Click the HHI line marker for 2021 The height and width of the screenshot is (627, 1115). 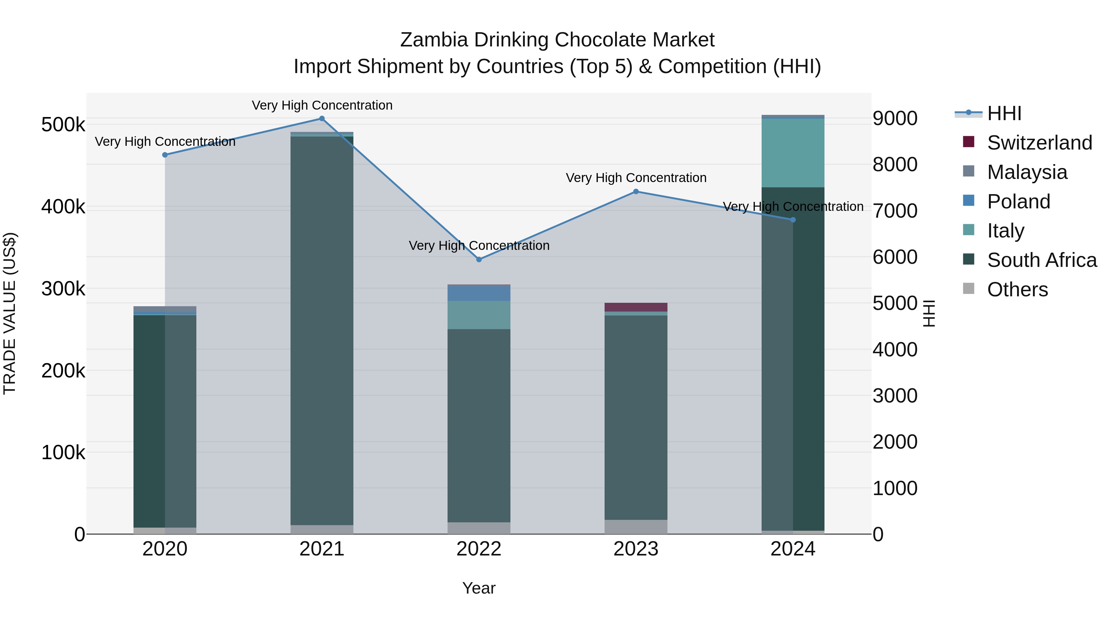[321, 119]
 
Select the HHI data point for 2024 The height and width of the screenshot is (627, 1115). [793, 220]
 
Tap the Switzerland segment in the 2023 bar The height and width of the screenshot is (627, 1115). [636, 307]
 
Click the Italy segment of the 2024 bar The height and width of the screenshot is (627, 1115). [793, 153]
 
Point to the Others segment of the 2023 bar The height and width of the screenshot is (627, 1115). [636, 527]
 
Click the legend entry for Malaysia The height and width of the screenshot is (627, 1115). [1027, 172]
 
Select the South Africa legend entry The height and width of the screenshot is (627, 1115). [1041, 260]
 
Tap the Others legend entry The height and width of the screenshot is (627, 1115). [1017, 290]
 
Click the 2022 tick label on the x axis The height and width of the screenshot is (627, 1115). [479, 549]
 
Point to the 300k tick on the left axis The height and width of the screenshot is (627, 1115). [63, 289]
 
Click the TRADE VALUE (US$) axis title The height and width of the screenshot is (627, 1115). [10, 313]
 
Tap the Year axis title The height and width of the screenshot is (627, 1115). [479, 588]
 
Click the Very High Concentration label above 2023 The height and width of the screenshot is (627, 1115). [636, 178]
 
